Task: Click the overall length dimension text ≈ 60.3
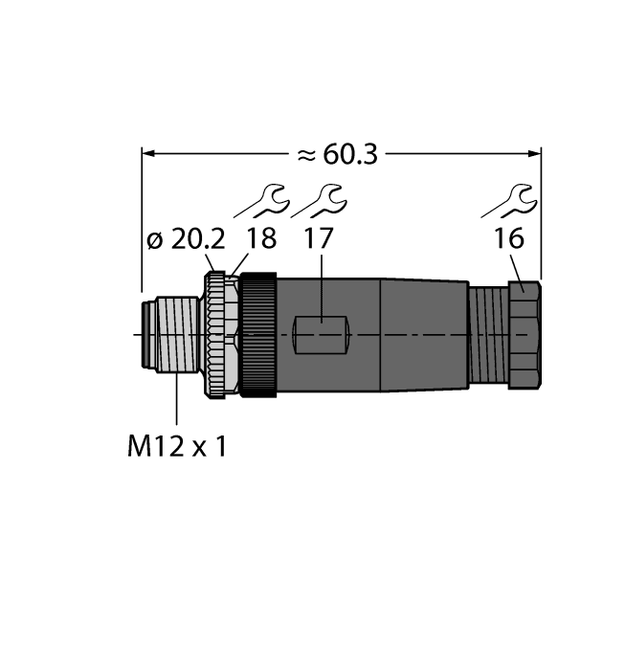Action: (336, 154)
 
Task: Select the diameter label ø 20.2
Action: (184, 240)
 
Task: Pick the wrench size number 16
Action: (509, 240)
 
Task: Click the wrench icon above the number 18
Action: (261, 201)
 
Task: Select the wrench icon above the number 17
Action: (320, 201)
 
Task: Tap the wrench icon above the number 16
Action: (507, 201)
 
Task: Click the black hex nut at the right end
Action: (525, 334)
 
